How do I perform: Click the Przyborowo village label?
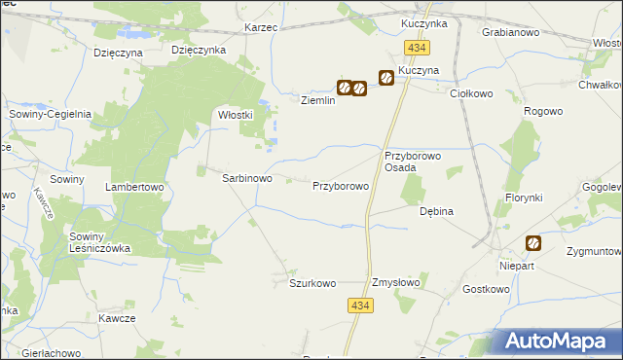pyautogui.click(x=340, y=185)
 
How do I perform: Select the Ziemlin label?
pyautogui.click(x=317, y=100)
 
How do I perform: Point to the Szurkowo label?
pyautogui.click(x=312, y=283)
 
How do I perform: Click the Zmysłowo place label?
pyautogui.click(x=395, y=283)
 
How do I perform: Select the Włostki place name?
pyautogui.click(x=235, y=114)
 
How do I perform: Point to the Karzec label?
pyautogui.click(x=262, y=27)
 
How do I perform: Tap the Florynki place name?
pyautogui.click(x=523, y=198)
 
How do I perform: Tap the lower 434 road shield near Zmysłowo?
pyautogui.click(x=360, y=306)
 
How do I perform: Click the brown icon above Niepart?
pyautogui.click(x=533, y=243)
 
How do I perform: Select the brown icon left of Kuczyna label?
pyautogui.click(x=385, y=78)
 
